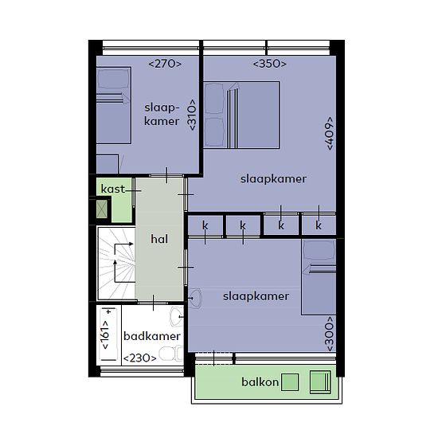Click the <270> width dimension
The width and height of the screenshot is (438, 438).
point(165,64)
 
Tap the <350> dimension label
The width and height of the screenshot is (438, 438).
point(269,64)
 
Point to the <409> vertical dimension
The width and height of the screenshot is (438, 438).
point(330,134)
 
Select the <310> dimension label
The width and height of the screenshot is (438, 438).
point(192,115)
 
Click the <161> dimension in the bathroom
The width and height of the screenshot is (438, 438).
point(105,334)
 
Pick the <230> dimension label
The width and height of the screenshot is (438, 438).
point(140,358)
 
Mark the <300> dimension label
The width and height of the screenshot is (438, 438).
point(330,334)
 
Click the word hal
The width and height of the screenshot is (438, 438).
point(159,239)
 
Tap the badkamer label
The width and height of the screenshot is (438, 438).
point(151,336)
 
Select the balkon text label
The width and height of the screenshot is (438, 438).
point(260,382)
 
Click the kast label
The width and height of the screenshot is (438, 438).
point(113,189)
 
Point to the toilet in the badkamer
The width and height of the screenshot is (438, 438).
point(170,354)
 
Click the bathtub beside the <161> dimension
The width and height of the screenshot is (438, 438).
point(108,334)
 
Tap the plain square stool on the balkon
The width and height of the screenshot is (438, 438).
point(290,382)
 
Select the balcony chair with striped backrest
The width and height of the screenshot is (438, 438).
point(321,382)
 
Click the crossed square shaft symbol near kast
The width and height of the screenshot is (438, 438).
point(102,209)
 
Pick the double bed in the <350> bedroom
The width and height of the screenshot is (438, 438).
point(241,115)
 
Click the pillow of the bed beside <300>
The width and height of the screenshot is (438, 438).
point(319,250)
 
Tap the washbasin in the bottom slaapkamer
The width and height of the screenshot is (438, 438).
point(195,299)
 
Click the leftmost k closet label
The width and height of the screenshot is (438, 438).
point(205,225)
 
